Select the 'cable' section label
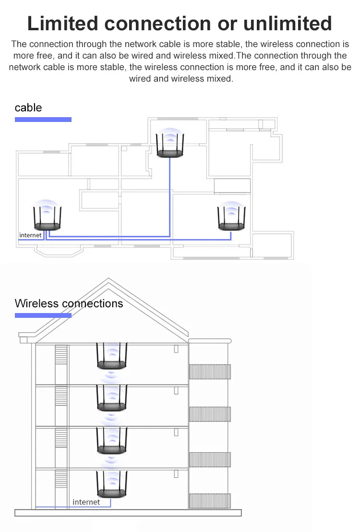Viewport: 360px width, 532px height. click(28, 108)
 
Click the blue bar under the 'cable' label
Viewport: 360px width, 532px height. click(43, 119)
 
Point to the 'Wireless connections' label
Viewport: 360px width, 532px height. click(69, 303)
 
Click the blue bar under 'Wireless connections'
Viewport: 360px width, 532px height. click(43, 315)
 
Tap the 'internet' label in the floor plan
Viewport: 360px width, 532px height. click(30, 235)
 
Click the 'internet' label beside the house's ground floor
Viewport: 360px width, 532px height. click(86, 502)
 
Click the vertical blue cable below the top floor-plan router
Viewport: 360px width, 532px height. click(170, 197)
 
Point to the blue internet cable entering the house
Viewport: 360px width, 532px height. click(53, 507)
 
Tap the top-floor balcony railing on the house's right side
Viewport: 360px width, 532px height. click(210, 371)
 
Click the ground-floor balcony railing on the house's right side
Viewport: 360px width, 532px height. click(210, 500)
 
